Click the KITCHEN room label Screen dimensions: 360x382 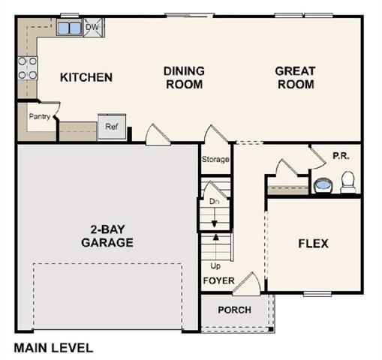pos(86,77)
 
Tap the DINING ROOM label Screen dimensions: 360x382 pos(184,78)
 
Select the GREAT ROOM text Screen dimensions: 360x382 pos(295,78)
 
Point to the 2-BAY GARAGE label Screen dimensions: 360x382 pos(107,235)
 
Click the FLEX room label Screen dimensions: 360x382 pos(313,244)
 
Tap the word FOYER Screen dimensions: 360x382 pos(218,281)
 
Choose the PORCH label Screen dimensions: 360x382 pos(234,310)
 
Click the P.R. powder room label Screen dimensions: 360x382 pos(341,156)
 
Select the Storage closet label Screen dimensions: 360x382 pos(215,160)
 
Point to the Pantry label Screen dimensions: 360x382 pos(39,116)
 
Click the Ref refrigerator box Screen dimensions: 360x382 pos(111,127)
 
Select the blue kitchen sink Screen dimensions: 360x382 pos(70,28)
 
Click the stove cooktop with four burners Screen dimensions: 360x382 pos(28,68)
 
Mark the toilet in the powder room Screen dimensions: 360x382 pos(347,182)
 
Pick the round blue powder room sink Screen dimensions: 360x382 pos(323,184)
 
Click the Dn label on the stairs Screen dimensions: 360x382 pos(213,202)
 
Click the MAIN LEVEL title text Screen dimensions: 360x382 pos(54,348)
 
